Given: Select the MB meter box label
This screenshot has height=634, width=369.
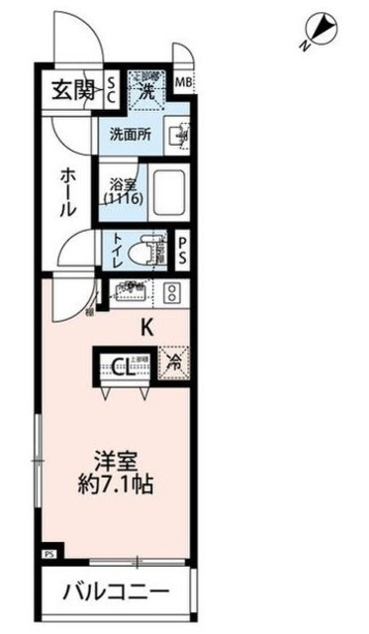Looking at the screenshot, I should (184, 83).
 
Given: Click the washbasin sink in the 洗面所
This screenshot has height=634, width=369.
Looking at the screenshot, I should (177, 135).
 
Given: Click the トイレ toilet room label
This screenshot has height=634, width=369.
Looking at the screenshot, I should (120, 247).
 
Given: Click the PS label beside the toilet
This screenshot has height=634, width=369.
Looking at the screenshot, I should (185, 250).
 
